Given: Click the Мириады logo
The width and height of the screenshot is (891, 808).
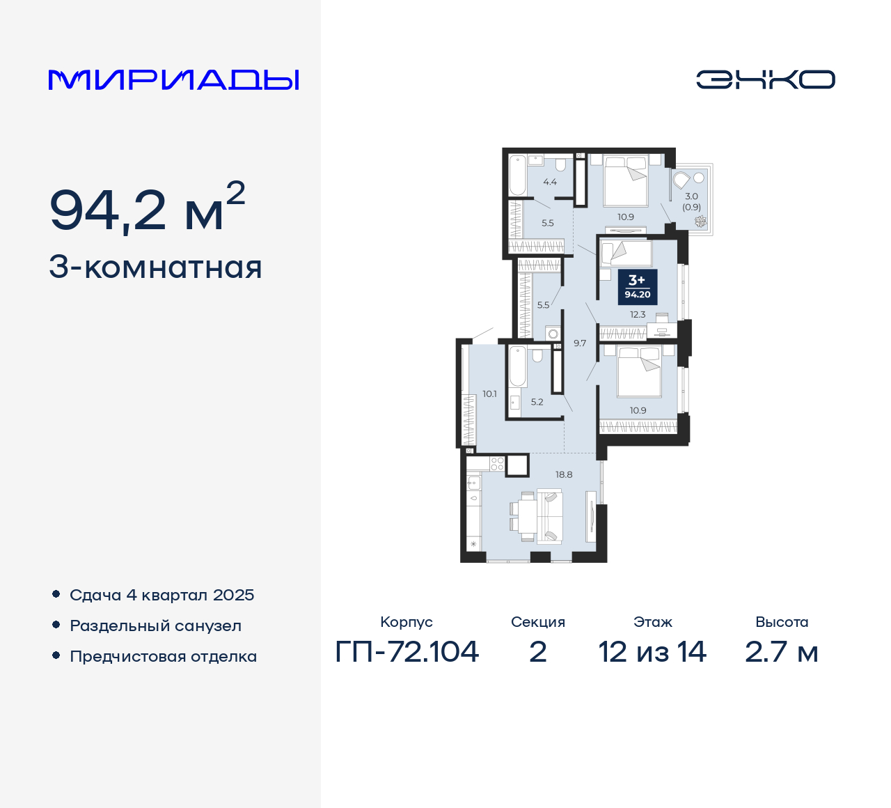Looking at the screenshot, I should point(174,80).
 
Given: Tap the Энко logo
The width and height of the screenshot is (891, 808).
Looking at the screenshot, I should point(765,79).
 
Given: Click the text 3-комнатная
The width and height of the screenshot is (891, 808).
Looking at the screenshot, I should point(155,267).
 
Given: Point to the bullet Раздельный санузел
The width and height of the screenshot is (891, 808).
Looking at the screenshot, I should point(155,626).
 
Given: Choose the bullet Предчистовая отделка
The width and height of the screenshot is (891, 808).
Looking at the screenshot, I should point(163,656).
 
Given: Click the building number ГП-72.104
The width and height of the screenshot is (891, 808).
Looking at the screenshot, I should point(407,652).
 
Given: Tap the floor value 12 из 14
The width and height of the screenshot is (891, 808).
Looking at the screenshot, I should point(652,652).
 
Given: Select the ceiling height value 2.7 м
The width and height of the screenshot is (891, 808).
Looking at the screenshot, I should point(781,652).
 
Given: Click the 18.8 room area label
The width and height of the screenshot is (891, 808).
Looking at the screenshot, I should point(564,474).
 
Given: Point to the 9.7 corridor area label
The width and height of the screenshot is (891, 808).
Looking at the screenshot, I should point(580,343).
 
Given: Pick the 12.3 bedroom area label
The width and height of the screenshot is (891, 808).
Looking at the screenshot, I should point(638,315).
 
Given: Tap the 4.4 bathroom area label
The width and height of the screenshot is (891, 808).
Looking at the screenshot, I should point(550,182).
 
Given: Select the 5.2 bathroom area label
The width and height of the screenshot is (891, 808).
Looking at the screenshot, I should point(537,402).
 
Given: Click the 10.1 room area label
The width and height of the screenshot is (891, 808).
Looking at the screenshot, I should point(489,394).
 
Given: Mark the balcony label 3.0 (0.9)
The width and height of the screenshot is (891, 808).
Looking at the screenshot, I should point(691,201).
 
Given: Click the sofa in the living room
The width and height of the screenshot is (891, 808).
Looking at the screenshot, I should point(551,516).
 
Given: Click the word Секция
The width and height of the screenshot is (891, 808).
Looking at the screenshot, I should point(537,622).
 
